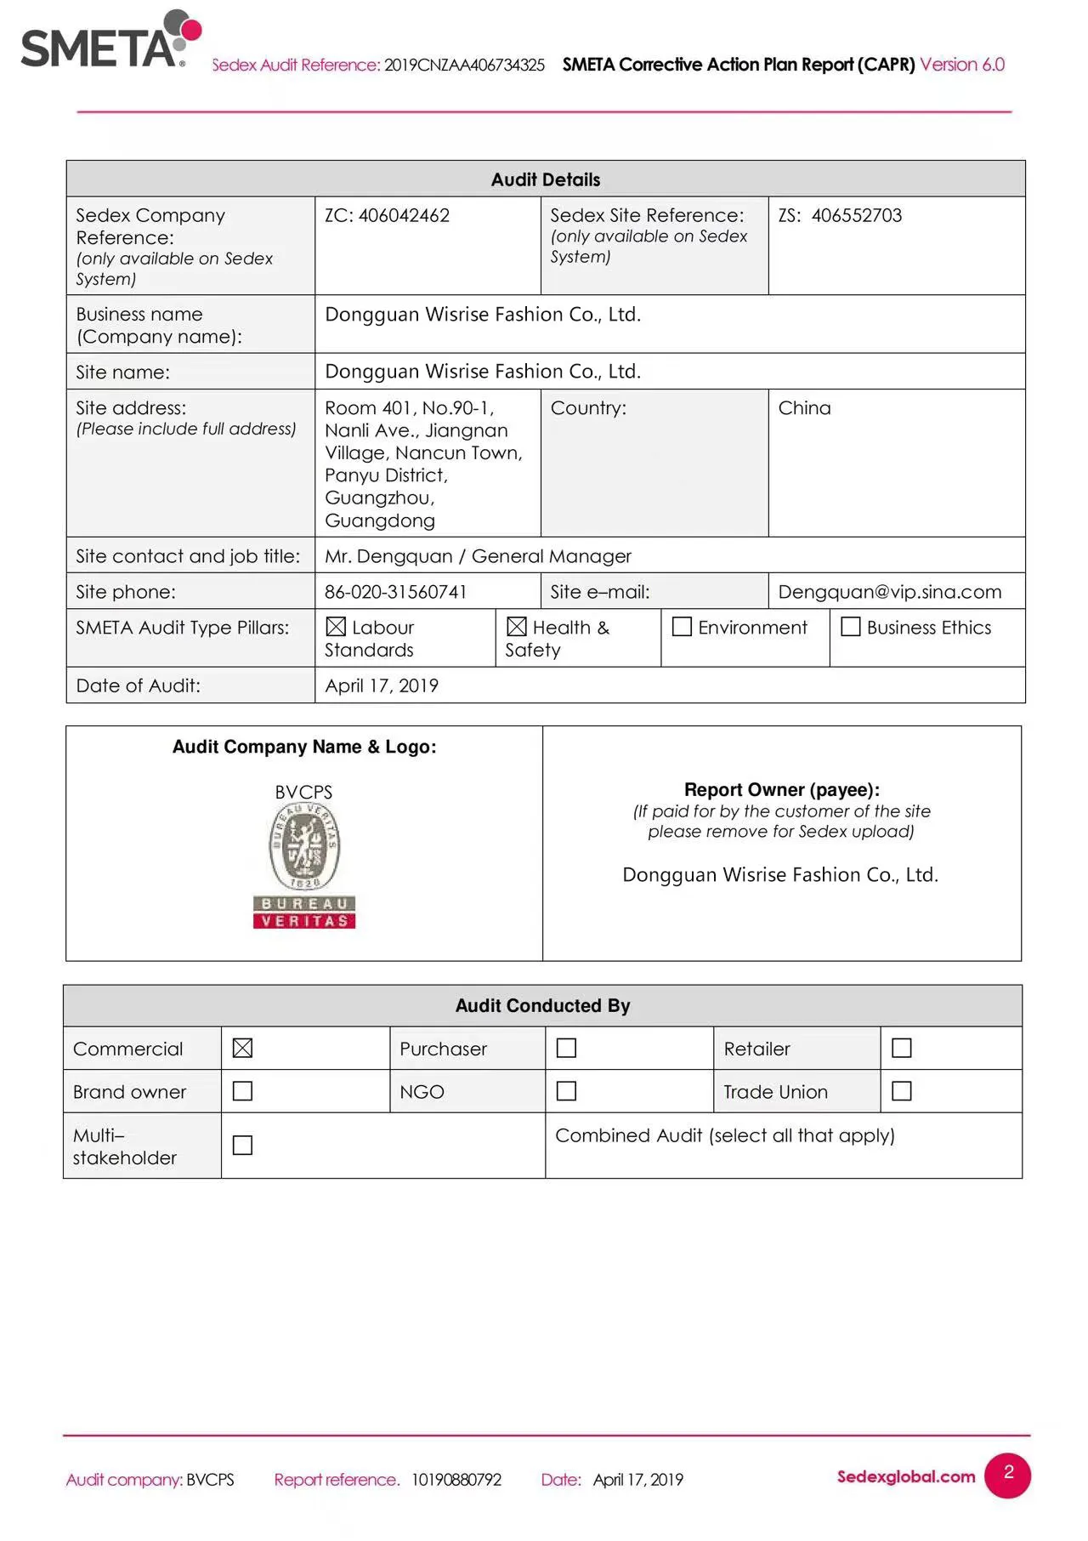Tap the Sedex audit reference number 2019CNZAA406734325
[x=464, y=65]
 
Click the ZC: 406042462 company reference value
[x=387, y=216]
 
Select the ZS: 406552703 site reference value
[x=840, y=216]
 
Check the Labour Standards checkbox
[x=336, y=627]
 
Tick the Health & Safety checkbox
[x=517, y=627]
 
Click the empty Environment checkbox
[x=682, y=627]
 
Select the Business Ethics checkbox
[x=850, y=627]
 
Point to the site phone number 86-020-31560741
[x=395, y=592]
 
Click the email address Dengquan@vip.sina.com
[x=889, y=592]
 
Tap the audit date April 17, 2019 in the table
[x=382, y=685]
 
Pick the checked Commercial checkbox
[x=242, y=1049]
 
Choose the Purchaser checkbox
[x=566, y=1049]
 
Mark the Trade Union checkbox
[x=902, y=1091]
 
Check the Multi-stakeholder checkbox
[x=242, y=1146]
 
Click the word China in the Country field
[x=804, y=408]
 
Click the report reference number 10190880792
[x=456, y=1480]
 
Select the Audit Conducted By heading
[x=542, y=1006]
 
